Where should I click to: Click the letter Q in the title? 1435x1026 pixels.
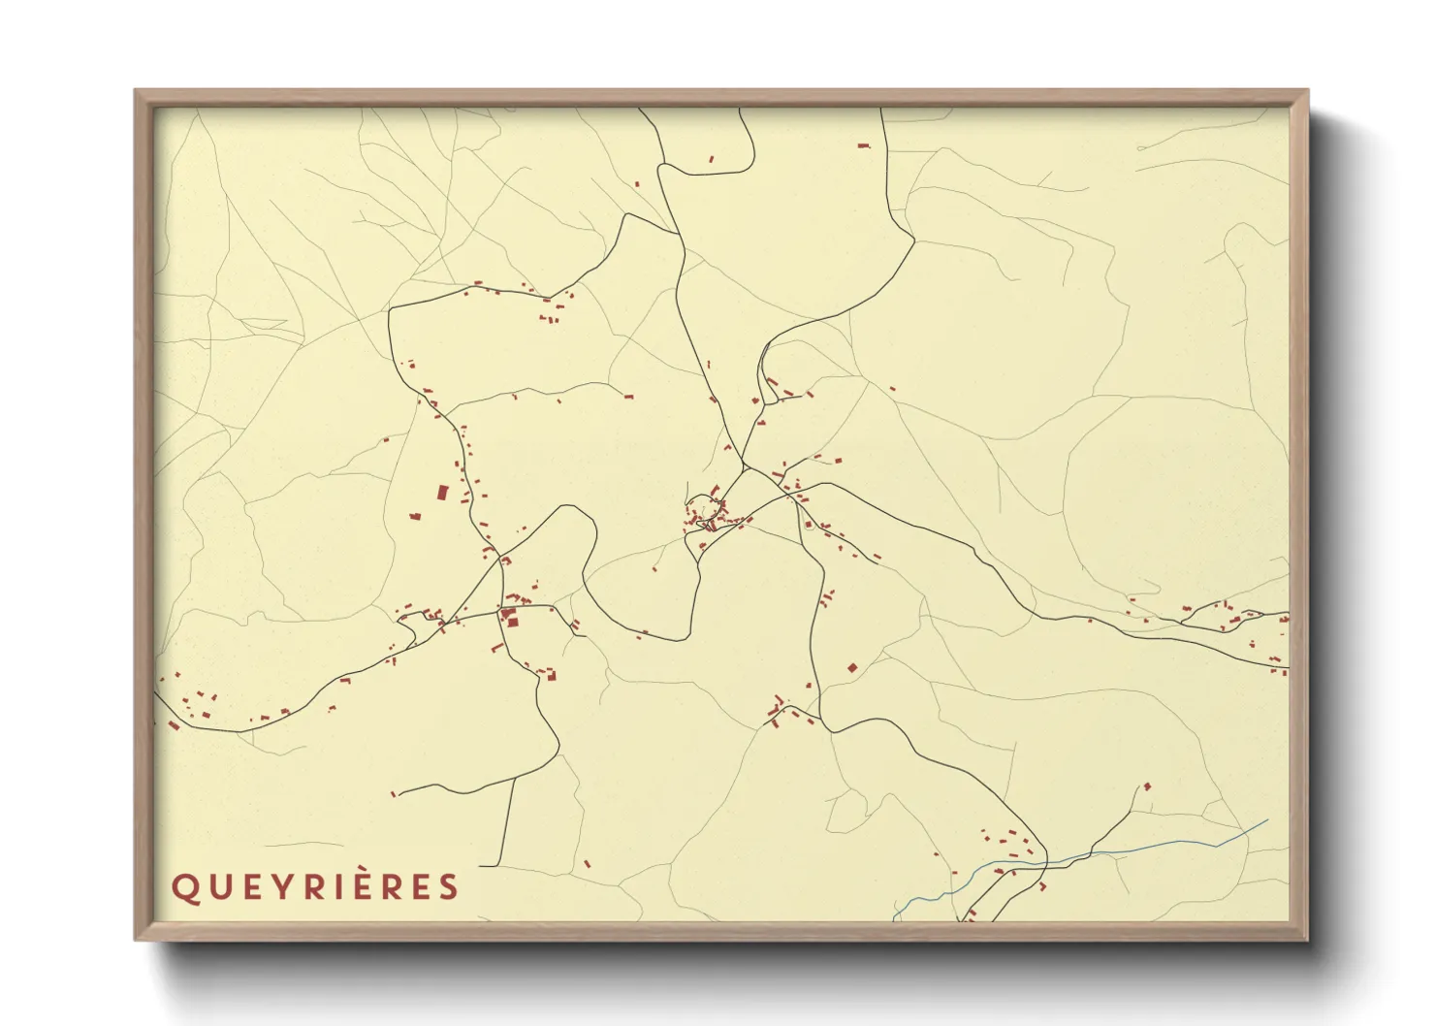(x=183, y=888)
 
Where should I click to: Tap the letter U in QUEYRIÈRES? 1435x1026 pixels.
(x=215, y=887)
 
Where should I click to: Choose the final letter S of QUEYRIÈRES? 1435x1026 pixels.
(x=448, y=887)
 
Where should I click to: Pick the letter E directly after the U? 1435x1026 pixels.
(x=246, y=887)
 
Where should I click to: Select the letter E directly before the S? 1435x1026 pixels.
(x=420, y=887)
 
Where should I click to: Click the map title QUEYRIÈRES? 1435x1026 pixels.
(x=315, y=887)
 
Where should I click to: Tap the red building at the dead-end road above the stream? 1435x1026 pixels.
(x=1147, y=786)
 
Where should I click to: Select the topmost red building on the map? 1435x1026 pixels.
(x=863, y=145)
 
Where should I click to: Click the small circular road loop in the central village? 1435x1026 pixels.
(x=705, y=507)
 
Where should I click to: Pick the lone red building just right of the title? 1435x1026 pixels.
(x=587, y=862)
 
